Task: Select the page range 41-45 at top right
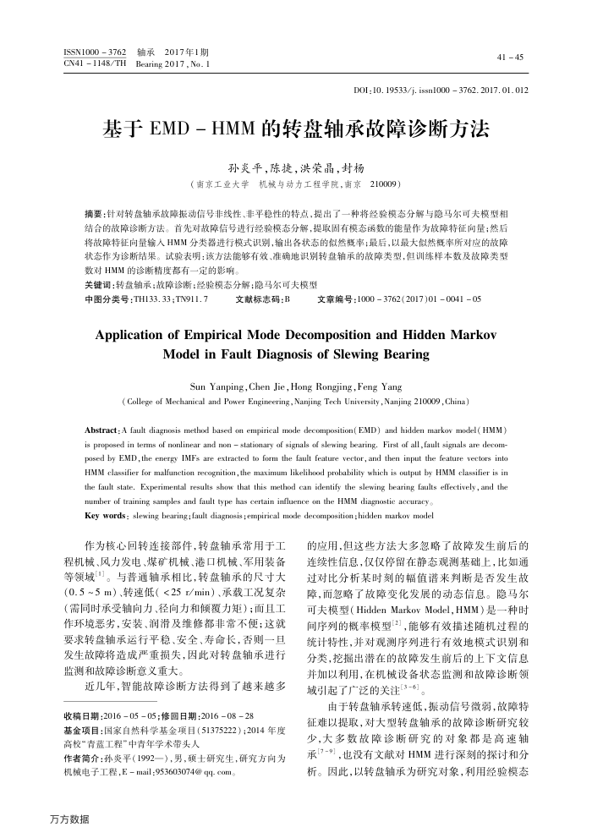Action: click(512, 58)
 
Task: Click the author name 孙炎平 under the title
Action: click(244, 167)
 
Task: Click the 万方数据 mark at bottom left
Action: click(70, 819)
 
